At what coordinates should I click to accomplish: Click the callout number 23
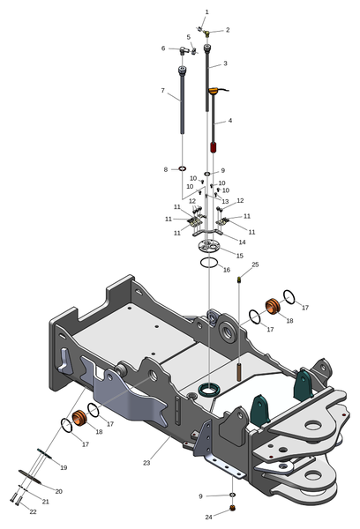tap(146, 463)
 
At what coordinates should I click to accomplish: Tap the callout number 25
tap(255, 264)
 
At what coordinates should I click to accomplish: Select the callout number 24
tap(209, 517)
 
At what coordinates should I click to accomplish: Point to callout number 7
tap(162, 91)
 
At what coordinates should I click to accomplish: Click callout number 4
tap(230, 120)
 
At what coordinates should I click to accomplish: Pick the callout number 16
tap(227, 270)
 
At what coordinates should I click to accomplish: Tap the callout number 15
tap(239, 256)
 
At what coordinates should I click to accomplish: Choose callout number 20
tap(59, 491)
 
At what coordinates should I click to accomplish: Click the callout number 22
tap(33, 511)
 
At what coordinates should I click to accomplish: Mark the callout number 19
tap(64, 467)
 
